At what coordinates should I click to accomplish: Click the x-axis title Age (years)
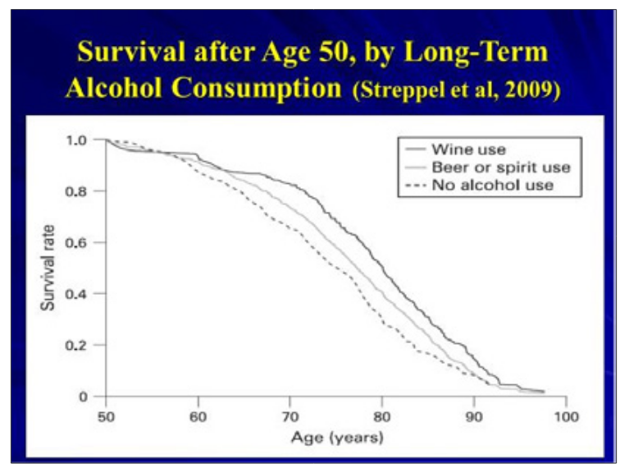[x=337, y=438]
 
